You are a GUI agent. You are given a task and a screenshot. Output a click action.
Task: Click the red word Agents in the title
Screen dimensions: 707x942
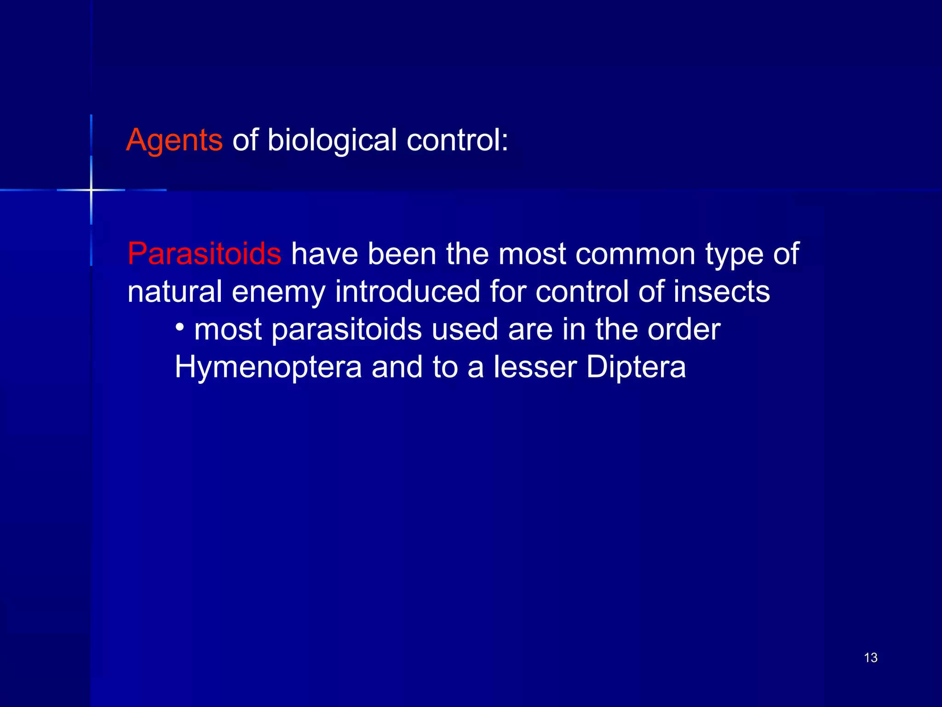[x=174, y=140]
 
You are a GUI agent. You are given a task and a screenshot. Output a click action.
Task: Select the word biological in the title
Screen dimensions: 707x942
[x=332, y=140]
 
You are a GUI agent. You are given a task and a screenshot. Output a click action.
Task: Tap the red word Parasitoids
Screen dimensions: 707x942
[x=204, y=254]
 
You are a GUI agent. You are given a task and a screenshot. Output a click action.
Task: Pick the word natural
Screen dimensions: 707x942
[x=175, y=292]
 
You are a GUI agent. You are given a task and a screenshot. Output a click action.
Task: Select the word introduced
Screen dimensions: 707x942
[x=408, y=292]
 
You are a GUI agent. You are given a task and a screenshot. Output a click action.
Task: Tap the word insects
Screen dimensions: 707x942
[x=722, y=292]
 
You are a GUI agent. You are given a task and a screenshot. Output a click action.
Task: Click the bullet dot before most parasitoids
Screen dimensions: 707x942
[x=180, y=327]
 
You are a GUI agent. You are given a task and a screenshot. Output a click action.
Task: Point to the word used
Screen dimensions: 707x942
[x=465, y=330]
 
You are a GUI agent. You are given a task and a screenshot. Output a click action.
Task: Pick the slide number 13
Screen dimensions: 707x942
[x=871, y=658]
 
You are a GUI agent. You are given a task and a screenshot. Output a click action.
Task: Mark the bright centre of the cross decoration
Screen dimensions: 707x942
[x=91, y=190]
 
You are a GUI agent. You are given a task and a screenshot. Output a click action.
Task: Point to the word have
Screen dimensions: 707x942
[x=324, y=254]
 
